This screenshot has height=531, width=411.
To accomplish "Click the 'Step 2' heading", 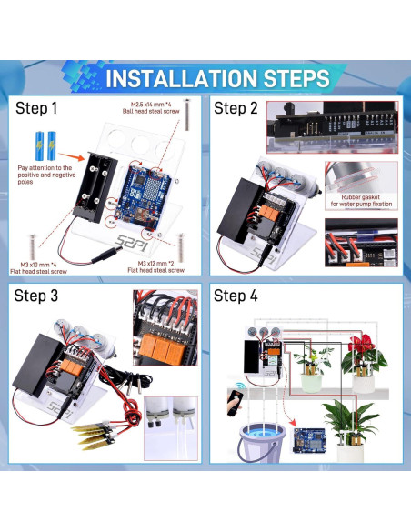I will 236,109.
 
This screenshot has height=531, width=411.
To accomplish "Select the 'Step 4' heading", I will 236,296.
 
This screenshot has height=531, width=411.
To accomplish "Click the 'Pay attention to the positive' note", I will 44,173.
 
